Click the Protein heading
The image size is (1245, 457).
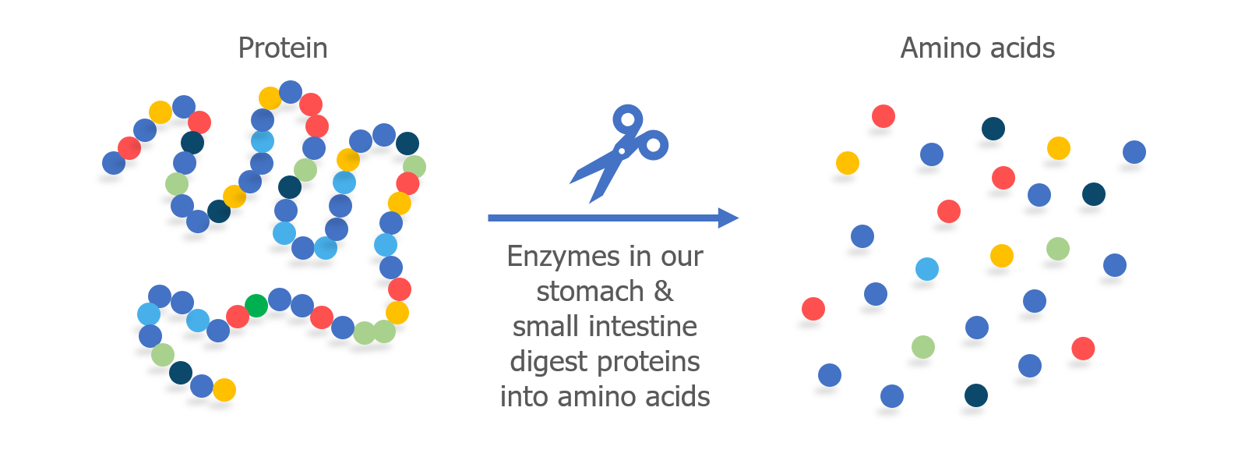point(283,48)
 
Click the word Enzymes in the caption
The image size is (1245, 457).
point(563,257)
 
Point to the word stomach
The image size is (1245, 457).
point(590,291)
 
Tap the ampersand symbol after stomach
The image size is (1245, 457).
point(664,291)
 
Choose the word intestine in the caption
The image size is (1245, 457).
point(643,326)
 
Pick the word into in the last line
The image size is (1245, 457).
point(524,397)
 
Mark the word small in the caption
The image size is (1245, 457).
point(546,326)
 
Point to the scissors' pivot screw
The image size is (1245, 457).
point(622,151)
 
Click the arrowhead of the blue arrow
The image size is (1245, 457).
point(728,218)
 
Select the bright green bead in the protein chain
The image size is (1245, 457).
point(256,306)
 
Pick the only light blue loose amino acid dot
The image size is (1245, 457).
point(927,269)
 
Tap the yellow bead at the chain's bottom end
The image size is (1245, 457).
point(224,390)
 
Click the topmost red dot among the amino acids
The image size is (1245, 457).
point(883,116)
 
